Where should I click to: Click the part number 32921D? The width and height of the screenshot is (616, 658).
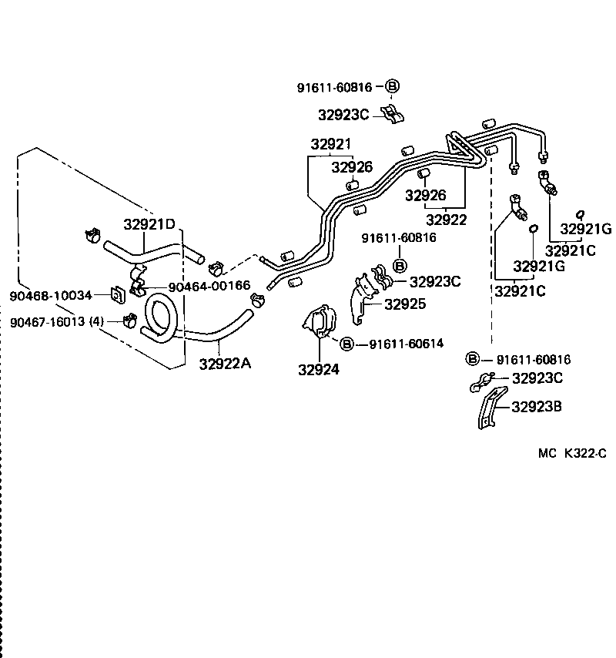150,224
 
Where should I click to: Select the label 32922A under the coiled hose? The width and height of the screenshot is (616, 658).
225,364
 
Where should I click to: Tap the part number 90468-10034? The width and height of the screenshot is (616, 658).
51,295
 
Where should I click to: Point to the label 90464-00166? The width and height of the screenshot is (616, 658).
209,286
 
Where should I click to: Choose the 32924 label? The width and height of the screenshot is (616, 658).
319,369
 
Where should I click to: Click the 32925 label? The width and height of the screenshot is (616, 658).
405,304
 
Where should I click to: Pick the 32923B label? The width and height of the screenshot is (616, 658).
537,406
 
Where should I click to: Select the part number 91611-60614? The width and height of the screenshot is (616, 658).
406,344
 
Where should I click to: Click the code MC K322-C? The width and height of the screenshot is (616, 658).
571,453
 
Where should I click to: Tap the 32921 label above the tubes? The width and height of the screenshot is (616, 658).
331,144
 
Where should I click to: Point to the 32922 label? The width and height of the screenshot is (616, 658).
447,220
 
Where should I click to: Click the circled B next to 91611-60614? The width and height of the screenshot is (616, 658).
346,344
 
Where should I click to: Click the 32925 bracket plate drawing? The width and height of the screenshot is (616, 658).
360,300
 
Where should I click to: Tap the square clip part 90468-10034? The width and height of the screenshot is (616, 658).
118,295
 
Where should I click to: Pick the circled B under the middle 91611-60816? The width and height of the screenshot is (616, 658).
400,265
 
